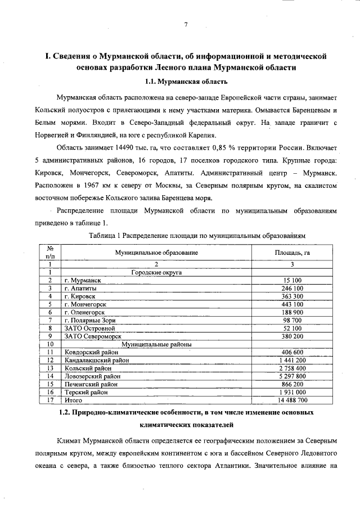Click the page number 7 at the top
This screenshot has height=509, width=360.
pos(186,24)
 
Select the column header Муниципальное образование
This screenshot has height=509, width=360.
pos(156,253)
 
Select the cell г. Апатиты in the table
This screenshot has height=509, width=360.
pos(80,288)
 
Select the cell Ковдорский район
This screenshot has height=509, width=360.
pos(91,352)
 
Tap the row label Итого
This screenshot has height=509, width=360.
pos(73,400)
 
